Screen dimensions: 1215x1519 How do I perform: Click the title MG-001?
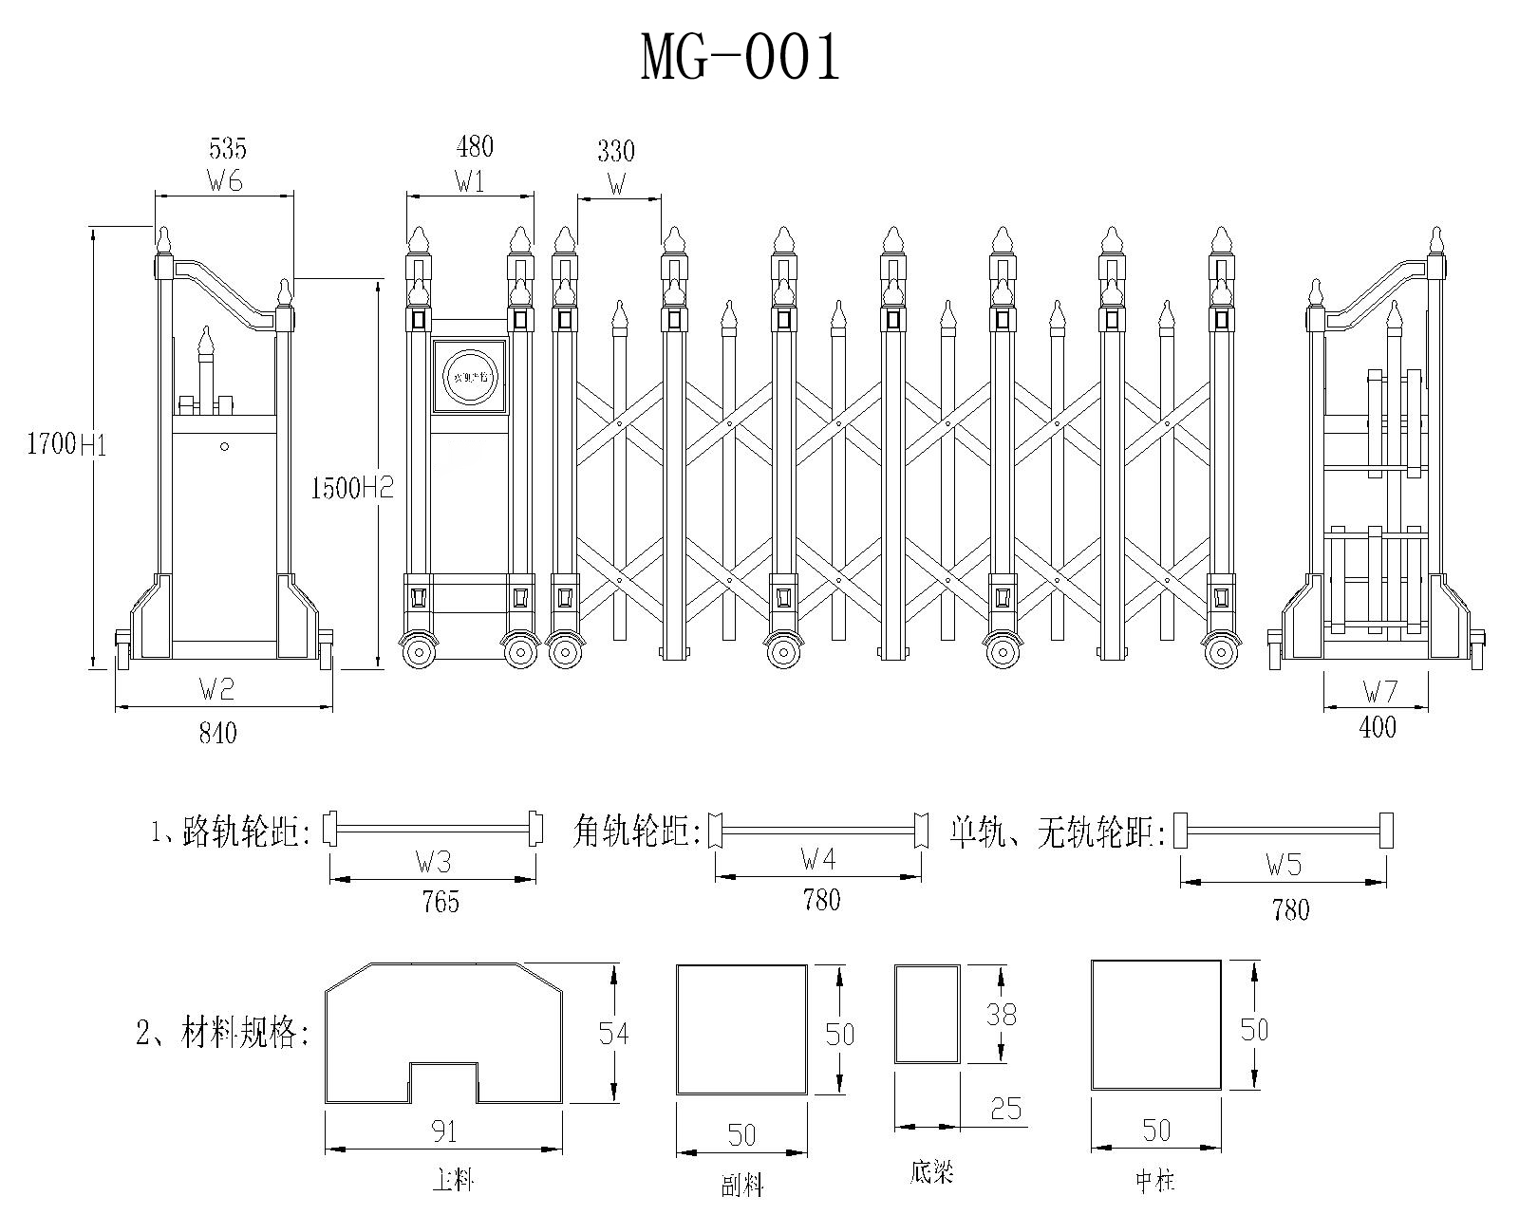pyautogui.click(x=741, y=58)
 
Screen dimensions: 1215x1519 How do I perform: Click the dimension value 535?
pyautogui.click(x=227, y=148)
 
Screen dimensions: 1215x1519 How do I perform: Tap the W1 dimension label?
pyautogui.click(x=470, y=181)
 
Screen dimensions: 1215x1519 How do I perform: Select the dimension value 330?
pyautogui.click(x=616, y=151)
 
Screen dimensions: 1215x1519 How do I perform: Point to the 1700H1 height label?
pyautogui.click(x=66, y=444)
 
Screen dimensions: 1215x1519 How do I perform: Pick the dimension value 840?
pyautogui.click(x=218, y=732)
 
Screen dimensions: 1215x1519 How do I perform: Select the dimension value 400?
pyautogui.click(x=1378, y=727)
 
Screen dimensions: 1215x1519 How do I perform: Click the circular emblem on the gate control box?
pyautogui.click(x=469, y=376)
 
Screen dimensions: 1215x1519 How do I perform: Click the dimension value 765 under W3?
pyautogui.click(x=440, y=900)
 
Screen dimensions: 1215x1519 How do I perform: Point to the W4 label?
pyautogui.click(x=817, y=861)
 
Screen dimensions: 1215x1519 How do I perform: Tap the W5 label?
pyautogui.click(x=1284, y=865)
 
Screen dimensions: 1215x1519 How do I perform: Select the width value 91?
pyautogui.click(x=444, y=1131)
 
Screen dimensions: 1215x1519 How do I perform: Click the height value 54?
pyautogui.click(x=613, y=1032)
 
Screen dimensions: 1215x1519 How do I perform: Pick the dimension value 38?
pyautogui.click(x=1001, y=1014)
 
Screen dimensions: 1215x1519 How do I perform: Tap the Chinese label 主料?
pyautogui.click(x=453, y=1180)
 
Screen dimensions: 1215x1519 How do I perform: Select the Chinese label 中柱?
pyautogui.click(x=1155, y=1181)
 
